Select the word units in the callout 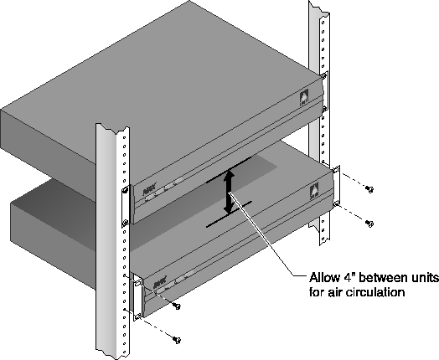click(423, 278)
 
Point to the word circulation click(375, 292)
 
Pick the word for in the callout click(317, 292)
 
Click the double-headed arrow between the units click(230, 193)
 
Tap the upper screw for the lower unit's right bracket click(369, 189)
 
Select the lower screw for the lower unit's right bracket click(369, 224)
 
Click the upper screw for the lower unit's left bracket click(177, 306)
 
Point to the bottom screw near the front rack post click(177, 340)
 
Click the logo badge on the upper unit click(304, 97)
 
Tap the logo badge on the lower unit click(314, 192)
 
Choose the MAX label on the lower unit click(160, 283)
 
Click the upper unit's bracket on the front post click(126, 206)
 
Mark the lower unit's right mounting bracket click(336, 187)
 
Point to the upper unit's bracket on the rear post click(324, 91)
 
